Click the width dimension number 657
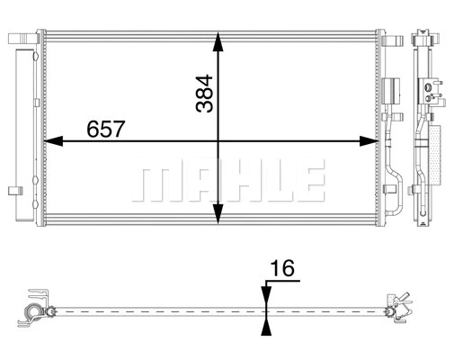[x=105, y=129]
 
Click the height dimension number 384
[x=204, y=94]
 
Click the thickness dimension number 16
[x=282, y=268]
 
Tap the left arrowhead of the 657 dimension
[x=53, y=141]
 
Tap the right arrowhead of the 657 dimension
[x=369, y=141]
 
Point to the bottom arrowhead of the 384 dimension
[x=218, y=213]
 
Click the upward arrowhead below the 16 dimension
[x=266, y=327]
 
